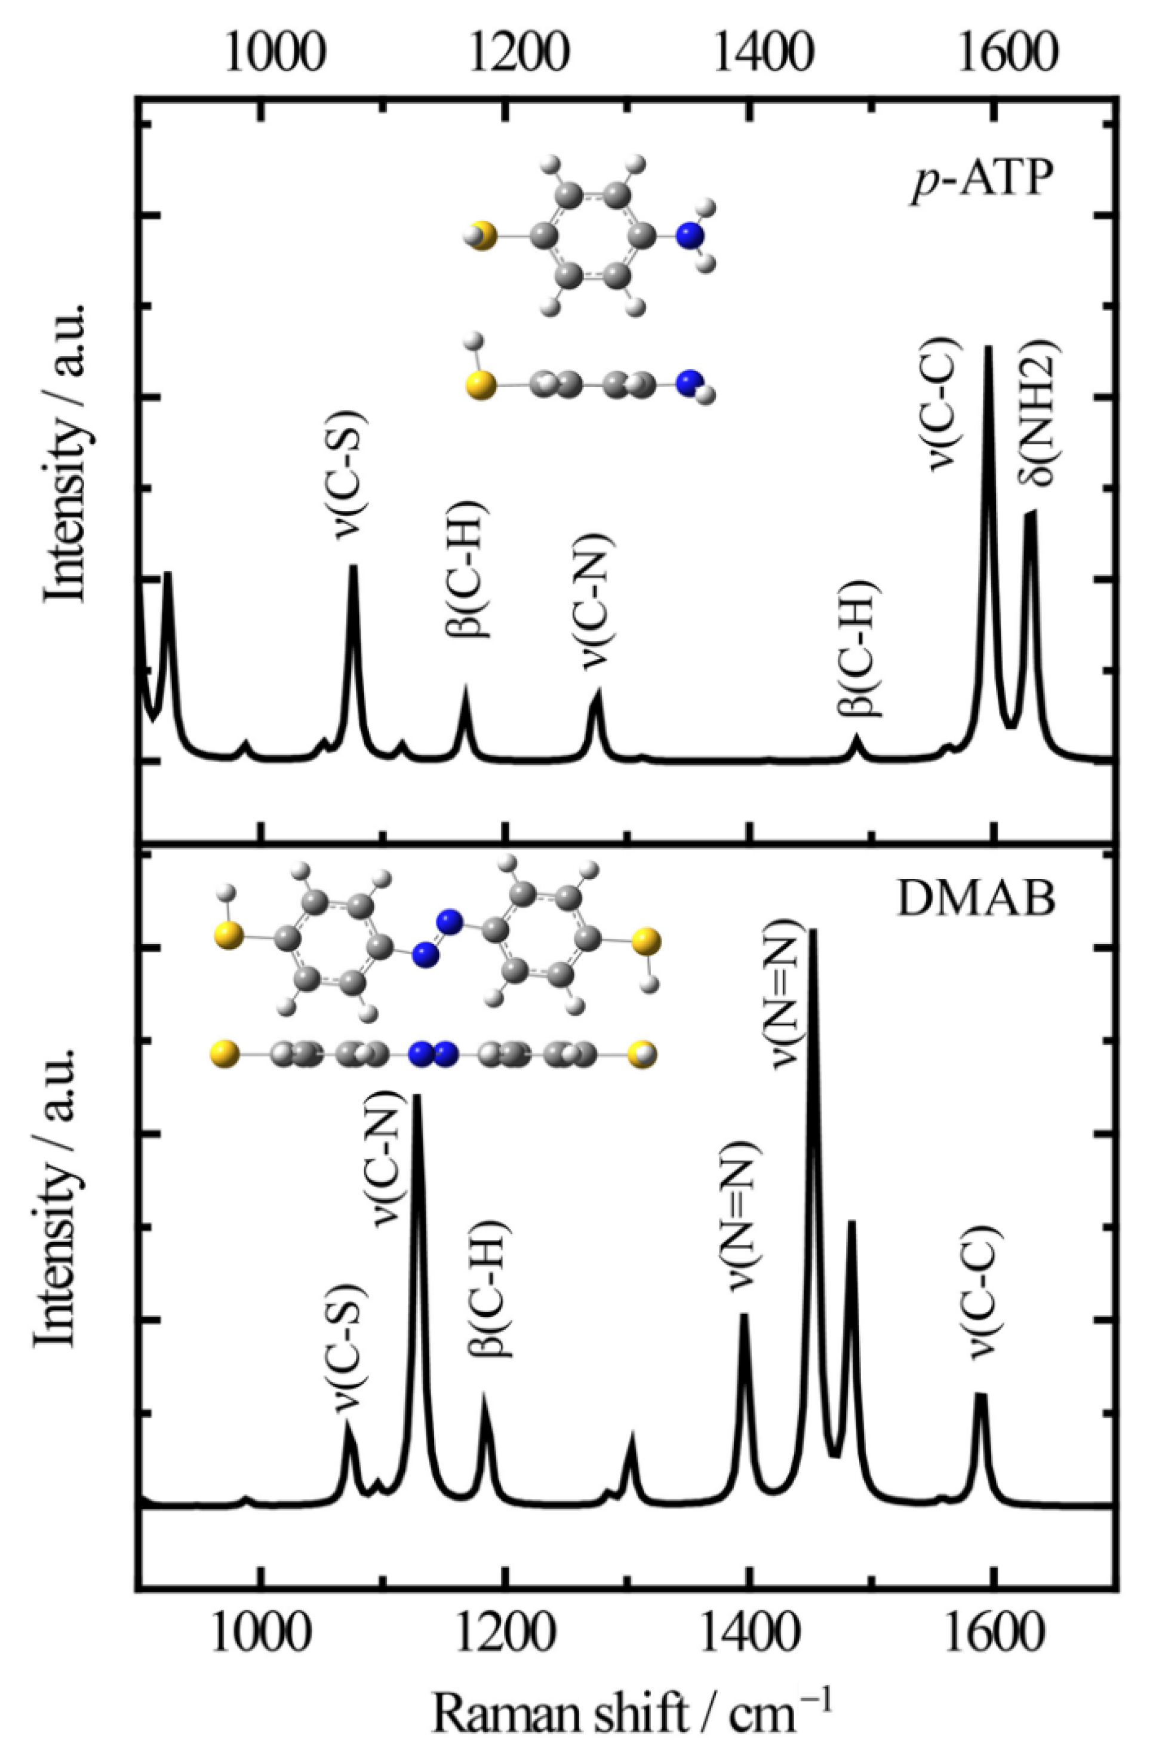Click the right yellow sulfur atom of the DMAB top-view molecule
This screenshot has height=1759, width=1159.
pos(647,942)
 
